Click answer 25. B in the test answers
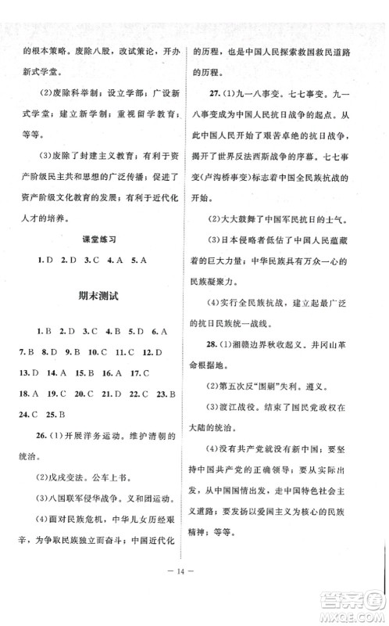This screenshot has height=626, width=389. [60, 412]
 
